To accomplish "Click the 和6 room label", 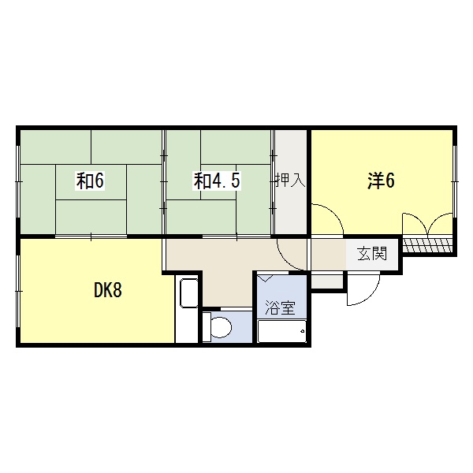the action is [90, 181].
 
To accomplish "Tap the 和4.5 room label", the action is [217, 181].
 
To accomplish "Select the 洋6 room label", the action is [381, 181].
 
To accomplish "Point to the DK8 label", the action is [108, 290].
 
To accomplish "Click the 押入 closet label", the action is [290, 180].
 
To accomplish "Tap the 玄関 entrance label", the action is [372, 254].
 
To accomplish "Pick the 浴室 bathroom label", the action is [280, 308].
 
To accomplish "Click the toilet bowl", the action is [221, 327].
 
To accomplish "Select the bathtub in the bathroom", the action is [282, 331].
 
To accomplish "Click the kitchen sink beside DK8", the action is [189, 293].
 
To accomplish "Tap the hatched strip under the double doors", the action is [428, 245].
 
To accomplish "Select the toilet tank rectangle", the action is [207, 327].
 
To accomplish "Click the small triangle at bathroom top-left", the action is [265, 278].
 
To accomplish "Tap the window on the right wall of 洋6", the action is [455, 181].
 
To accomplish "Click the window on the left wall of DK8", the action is [19, 291].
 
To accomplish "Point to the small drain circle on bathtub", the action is [302, 332].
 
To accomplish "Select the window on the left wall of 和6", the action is [19, 181].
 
